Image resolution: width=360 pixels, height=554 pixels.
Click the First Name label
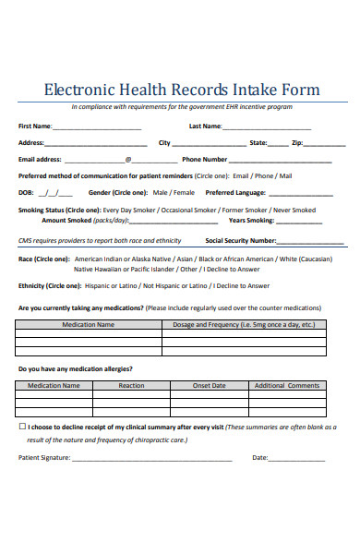pyautogui.click(x=36, y=126)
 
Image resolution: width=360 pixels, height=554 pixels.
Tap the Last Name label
pyautogui.click(x=205, y=126)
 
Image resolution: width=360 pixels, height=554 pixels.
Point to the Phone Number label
pyautogui.click(x=205, y=159)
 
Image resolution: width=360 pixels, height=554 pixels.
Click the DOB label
pyautogui.click(x=26, y=192)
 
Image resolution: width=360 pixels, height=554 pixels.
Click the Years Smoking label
pyautogui.click(x=251, y=221)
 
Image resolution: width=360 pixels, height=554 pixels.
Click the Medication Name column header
pyautogui.click(x=88, y=325)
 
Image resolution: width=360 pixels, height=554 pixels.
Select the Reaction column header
pyautogui.click(x=131, y=385)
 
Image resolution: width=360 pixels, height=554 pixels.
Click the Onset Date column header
pyautogui.click(x=209, y=385)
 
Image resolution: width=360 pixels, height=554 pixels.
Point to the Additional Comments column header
pyautogui.click(x=286, y=385)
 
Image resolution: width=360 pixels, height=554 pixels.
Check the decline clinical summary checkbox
pyautogui.click(x=23, y=428)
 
